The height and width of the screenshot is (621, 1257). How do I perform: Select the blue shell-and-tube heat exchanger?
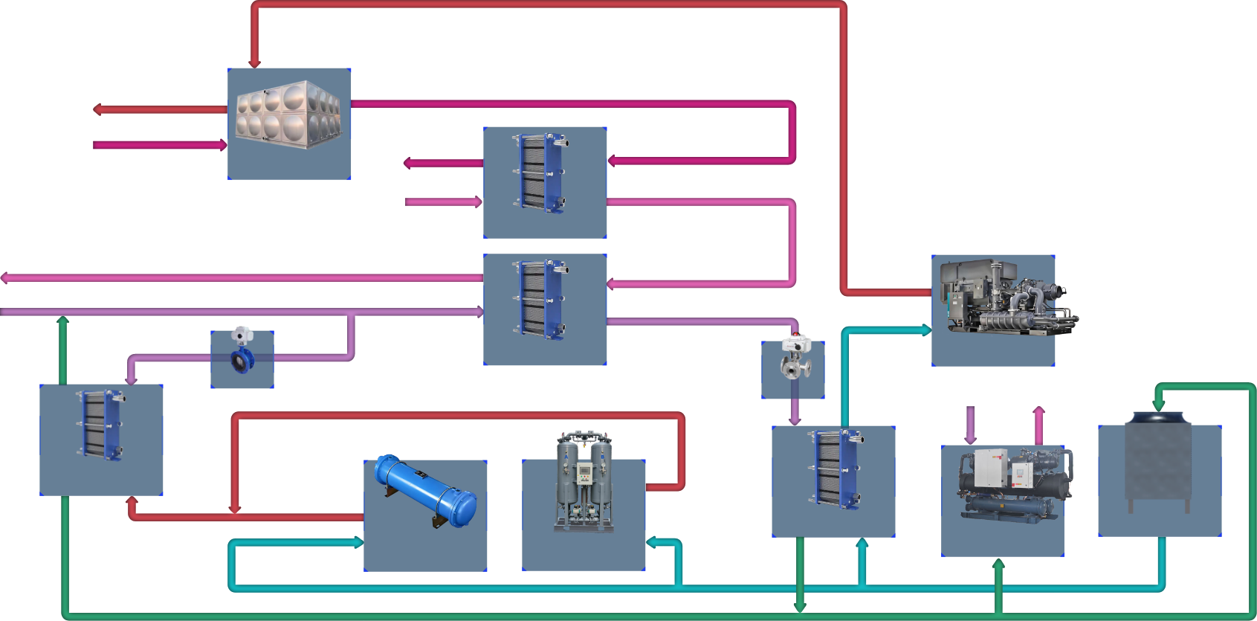click(x=425, y=491)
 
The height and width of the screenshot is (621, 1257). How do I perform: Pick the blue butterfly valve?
click(x=242, y=359)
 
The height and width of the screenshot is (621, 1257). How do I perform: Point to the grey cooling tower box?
click(x=1158, y=461)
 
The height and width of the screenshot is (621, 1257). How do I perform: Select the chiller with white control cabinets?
click(x=1004, y=483)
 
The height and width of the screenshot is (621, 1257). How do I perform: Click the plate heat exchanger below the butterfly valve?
click(x=101, y=424)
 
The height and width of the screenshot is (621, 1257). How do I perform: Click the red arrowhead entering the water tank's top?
click(x=254, y=63)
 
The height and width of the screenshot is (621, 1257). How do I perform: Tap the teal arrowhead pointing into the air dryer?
click(x=652, y=543)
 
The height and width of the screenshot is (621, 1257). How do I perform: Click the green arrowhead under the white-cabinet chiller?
click(x=998, y=565)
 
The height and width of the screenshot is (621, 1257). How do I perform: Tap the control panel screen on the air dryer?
click(x=584, y=470)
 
